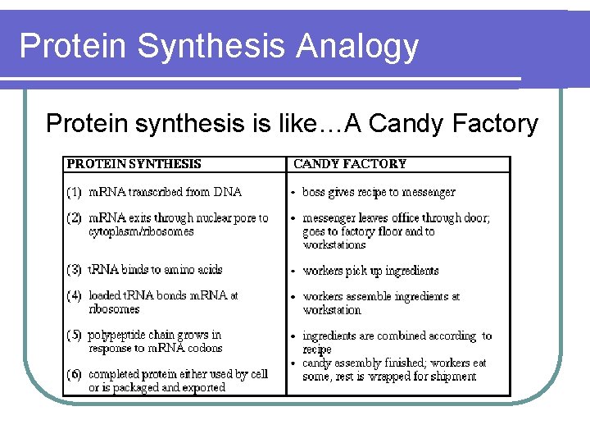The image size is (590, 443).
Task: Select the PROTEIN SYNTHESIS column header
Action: click(134, 164)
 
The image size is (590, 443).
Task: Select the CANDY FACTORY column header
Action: click(350, 164)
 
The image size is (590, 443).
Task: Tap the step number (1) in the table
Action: click(75, 192)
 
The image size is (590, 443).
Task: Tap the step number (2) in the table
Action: click(75, 218)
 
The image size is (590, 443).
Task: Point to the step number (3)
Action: click(75, 270)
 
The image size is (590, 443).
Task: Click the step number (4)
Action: click(75, 295)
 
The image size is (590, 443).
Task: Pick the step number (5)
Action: click(75, 335)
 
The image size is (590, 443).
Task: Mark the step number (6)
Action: click(75, 374)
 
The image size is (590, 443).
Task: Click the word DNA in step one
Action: click(228, 192)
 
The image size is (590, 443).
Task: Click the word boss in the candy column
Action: click(315, 192)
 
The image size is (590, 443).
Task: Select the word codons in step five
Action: click(205, 348)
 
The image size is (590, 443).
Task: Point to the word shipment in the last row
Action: click(451, 377)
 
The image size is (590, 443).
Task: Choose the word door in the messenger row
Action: click(477, 218)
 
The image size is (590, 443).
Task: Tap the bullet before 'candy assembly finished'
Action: click(293, 363)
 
